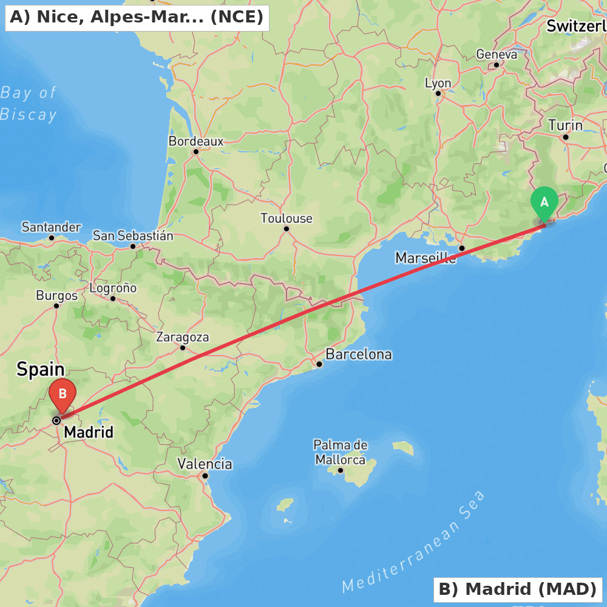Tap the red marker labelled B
tap(63, 395)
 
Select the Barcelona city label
tap(359, 354)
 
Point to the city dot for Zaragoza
tap(183, 348)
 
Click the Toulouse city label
tap(287, 218)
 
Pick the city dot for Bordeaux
tap(195, 152)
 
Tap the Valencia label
tap(205, 464)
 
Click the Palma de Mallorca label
tap(341, 452)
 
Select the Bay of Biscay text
tap(29, 104)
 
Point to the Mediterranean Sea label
tap(414, 542)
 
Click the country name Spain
tap(41, 369)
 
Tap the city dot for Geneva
tap(496, 65)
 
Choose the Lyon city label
tap(438, 83)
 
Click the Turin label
tap(565, 126)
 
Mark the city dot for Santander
tap(52, 238)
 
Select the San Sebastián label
tap(133, 236)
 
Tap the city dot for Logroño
tap(113, 299)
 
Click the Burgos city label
tap(56, 296)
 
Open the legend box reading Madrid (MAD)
tap(517, 589)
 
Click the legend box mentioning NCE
tap(137, 18)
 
